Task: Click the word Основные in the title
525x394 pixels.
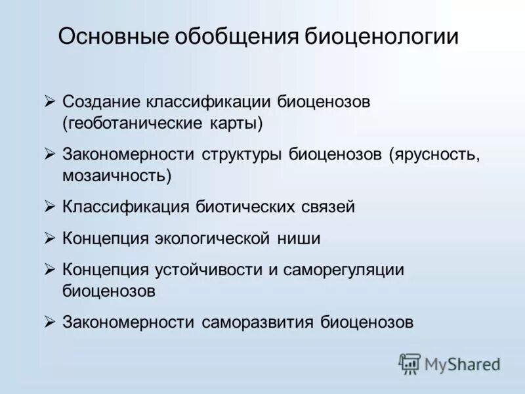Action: (x=112, y=36)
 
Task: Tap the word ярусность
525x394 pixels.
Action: (x=434, y=155)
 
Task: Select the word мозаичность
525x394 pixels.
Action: (x=117, y=175)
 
